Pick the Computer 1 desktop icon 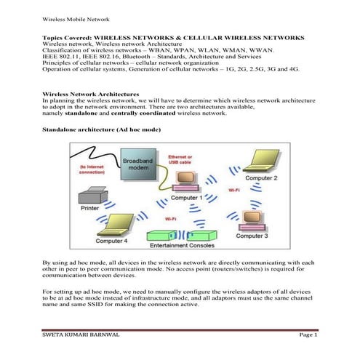pos(188,183)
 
